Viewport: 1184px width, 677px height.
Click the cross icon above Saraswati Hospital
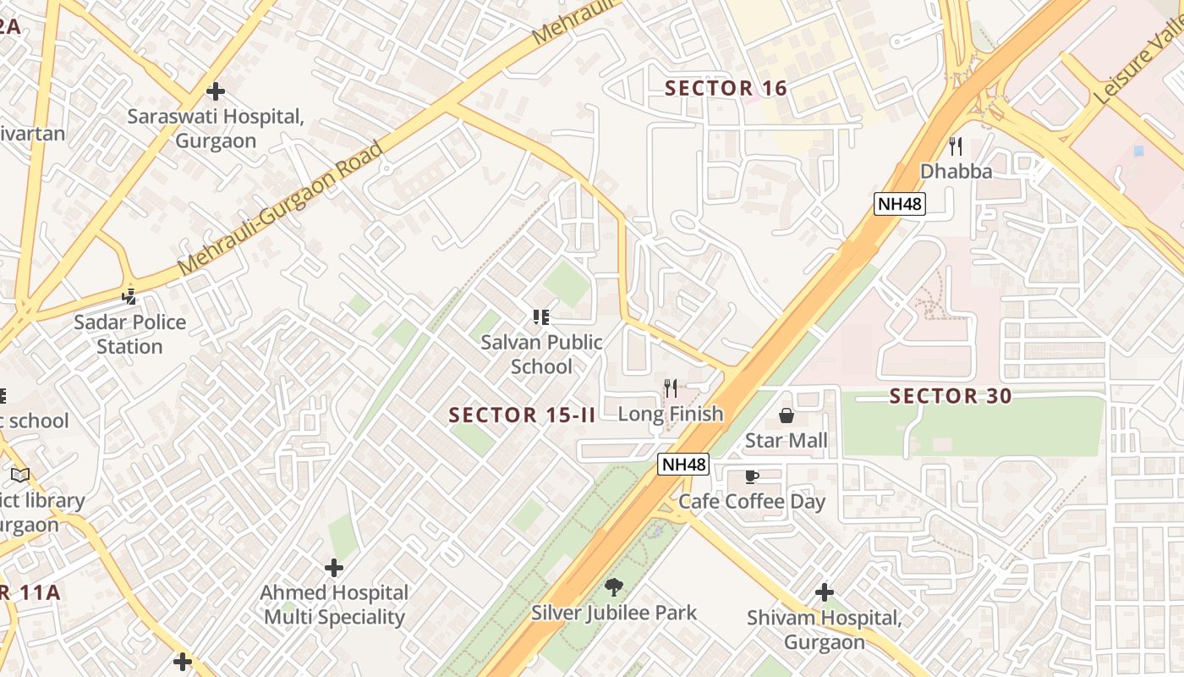[216, 91]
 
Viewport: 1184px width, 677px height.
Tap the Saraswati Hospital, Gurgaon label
[216, 129]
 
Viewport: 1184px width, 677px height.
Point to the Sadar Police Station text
[129, 334]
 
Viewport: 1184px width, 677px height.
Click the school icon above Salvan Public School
[541, 317]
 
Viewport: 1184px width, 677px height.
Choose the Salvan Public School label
[541, 355]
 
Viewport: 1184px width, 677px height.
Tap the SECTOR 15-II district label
[523, 416]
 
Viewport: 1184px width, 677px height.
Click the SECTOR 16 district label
[726, 89]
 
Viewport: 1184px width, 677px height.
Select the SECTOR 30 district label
[951, 397]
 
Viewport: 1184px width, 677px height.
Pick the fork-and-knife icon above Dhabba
[956, 146]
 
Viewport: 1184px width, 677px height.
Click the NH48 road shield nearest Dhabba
[900, 203]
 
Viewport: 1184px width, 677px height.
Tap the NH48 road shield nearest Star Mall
[683, 464]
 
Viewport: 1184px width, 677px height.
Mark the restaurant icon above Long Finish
[671, 388]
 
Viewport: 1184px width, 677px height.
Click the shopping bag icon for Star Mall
[787, 416]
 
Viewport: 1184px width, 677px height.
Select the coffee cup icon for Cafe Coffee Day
[752, 476]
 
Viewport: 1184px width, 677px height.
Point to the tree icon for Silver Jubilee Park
[614, 586]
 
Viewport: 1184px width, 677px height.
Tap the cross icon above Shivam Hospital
[825, 592]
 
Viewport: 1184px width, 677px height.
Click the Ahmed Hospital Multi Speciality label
[334, 605]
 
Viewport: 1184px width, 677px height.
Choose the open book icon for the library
[20, 475]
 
